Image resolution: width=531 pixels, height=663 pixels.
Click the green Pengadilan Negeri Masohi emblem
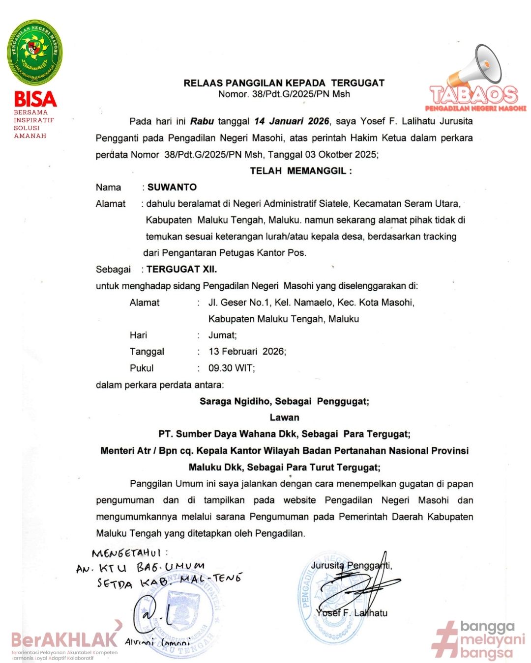[x=35, y=52]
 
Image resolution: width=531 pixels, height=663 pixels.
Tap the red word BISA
[x=35, y=99]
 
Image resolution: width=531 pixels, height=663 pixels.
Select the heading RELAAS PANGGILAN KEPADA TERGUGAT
[x=284, y=83]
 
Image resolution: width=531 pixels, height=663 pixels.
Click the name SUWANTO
[x=172, y=187]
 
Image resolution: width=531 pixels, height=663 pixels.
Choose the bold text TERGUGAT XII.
[x=181, y=269]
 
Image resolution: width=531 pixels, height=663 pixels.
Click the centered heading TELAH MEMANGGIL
[x=300, y=171]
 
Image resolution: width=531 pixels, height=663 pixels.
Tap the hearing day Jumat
[x=222, y=335]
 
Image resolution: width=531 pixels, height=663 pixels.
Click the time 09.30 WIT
[x=232, y=368]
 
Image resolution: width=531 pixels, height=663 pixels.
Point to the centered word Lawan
[x=284, y=417]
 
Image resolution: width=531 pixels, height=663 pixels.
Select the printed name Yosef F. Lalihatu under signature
[x=352, y=613]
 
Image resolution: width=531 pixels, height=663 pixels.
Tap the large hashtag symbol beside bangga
[x=445, y=639]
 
